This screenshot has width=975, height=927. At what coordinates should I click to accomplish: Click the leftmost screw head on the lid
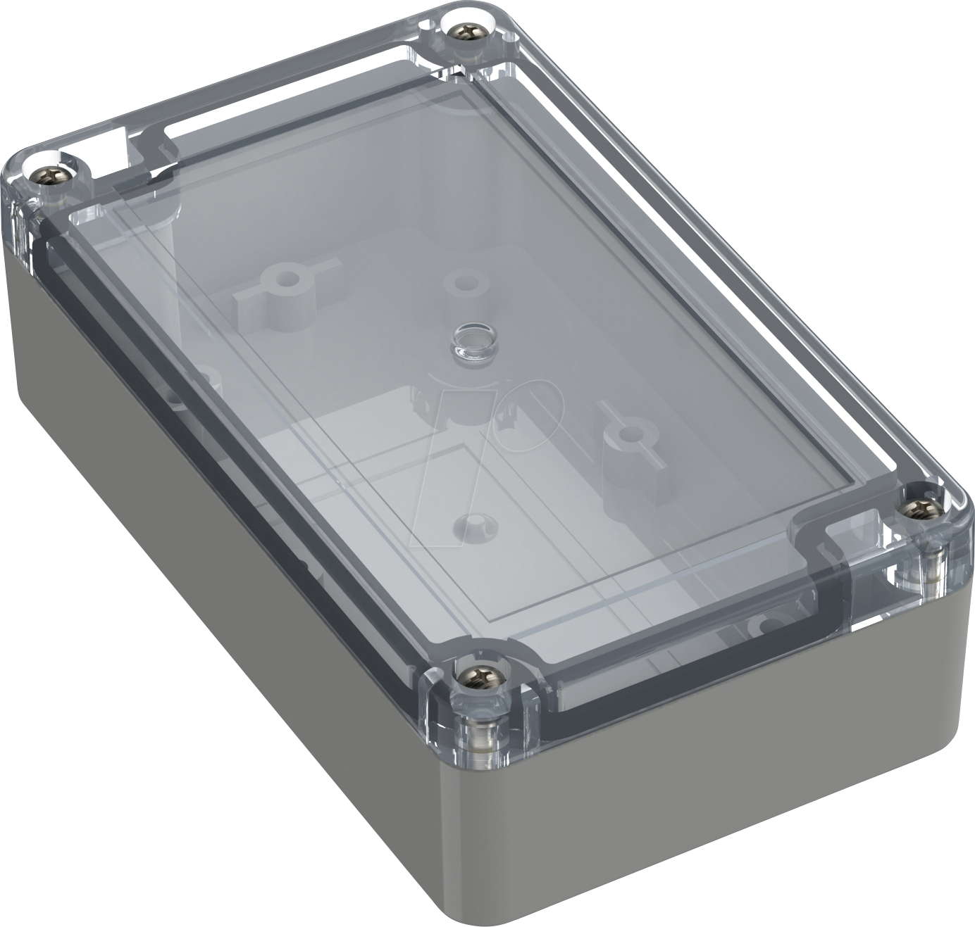click(x=51, y=173)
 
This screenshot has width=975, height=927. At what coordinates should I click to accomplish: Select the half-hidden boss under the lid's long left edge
click(x=201, y=384)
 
